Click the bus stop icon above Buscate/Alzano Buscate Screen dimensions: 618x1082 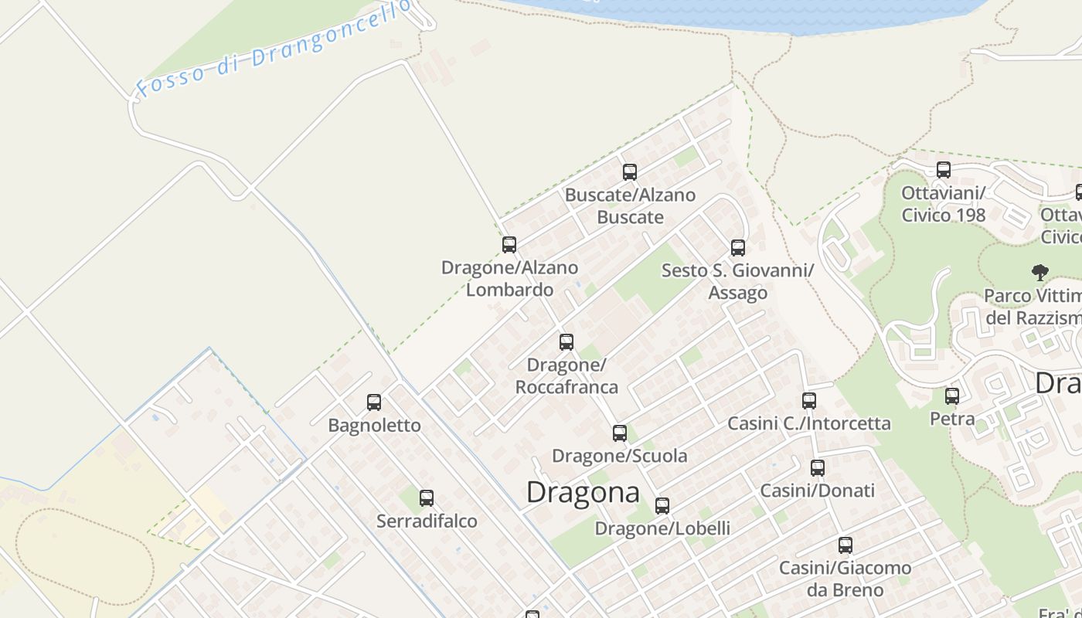pyautogui.click(x=630, y=172)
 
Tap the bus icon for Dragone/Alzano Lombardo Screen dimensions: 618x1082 pyautogui.click(x=509, y=245)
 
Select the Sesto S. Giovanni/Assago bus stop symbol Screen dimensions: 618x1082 pyautogui.click(x=738, y=248)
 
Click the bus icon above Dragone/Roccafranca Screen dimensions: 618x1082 pyautogui.click(x=567, y=342)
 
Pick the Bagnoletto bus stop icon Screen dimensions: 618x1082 pyautogui.click(x=374, y=402)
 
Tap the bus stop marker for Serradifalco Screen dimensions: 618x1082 pyautogui.click(x=427, y=498)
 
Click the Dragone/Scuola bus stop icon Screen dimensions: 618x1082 pyautogui.click(x=620, y=433)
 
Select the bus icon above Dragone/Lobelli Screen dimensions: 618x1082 pyautogui.click(x=662, y=506)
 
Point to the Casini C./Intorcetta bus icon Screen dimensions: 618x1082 pyautogui.click(x=809, y=401)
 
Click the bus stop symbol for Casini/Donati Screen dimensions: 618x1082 pyautogui.click(x=818, y=467)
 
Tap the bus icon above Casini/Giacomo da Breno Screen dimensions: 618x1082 pyautogui.click(x=846, y=545)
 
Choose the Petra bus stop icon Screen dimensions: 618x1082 pyautogui.click(x=952, y=396)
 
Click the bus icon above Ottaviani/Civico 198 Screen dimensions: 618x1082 pyautogui.click(x=944, y=170)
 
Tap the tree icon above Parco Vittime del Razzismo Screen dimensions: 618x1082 pyautogui.click(x=1040, y=272)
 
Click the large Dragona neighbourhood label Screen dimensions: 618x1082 pyautogui.click(x=583, y=492)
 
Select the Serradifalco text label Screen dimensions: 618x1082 pyautogui.click(x=427, y=521)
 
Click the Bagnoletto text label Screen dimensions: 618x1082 pyautogui.click(x=374, y=426)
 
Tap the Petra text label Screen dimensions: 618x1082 pyautogui.click(x=952, y=419)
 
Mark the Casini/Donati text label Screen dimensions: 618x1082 pyautogui.click(x=818, y=491)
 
